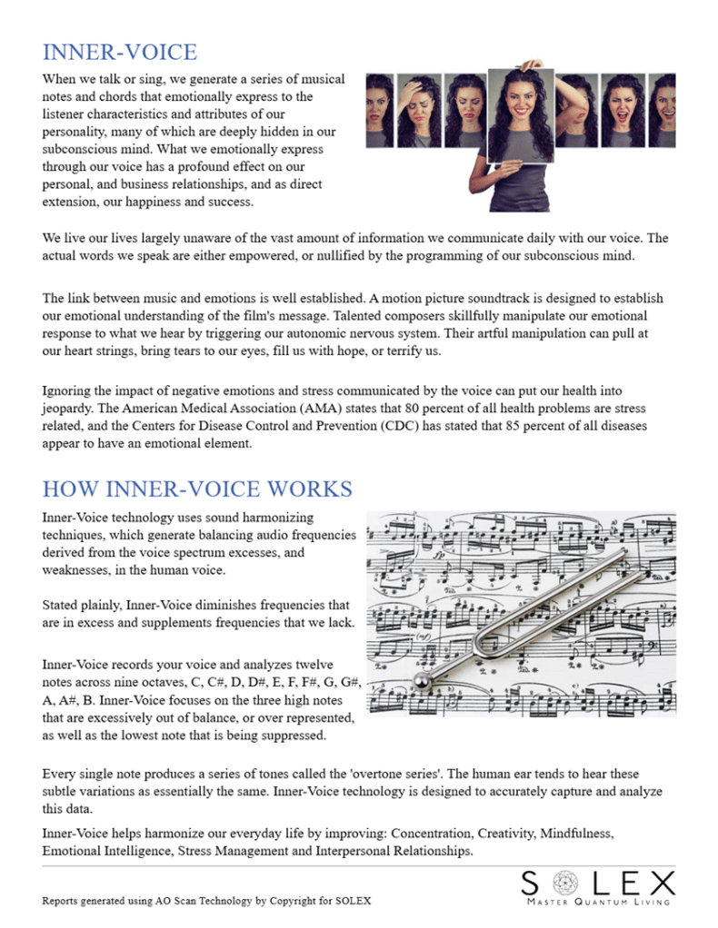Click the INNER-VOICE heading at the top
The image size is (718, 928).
click(x=119, y=52)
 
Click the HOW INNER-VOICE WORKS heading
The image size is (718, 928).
click(x=197, y=489)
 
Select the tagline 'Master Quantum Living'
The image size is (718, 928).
click(x=599, y=902)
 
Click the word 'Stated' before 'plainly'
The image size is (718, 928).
click(x=61, y=605)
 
